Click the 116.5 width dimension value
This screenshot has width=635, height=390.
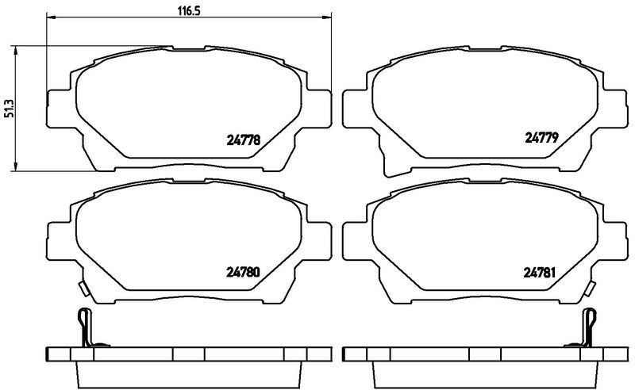(189, 11)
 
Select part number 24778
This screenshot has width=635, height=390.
(243, 140)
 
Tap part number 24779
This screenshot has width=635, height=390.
(541, 138)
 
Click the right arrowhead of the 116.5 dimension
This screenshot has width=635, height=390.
(326, 17)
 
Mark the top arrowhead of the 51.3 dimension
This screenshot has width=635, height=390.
(15, 51)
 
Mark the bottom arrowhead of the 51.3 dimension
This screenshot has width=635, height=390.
(15, 166)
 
